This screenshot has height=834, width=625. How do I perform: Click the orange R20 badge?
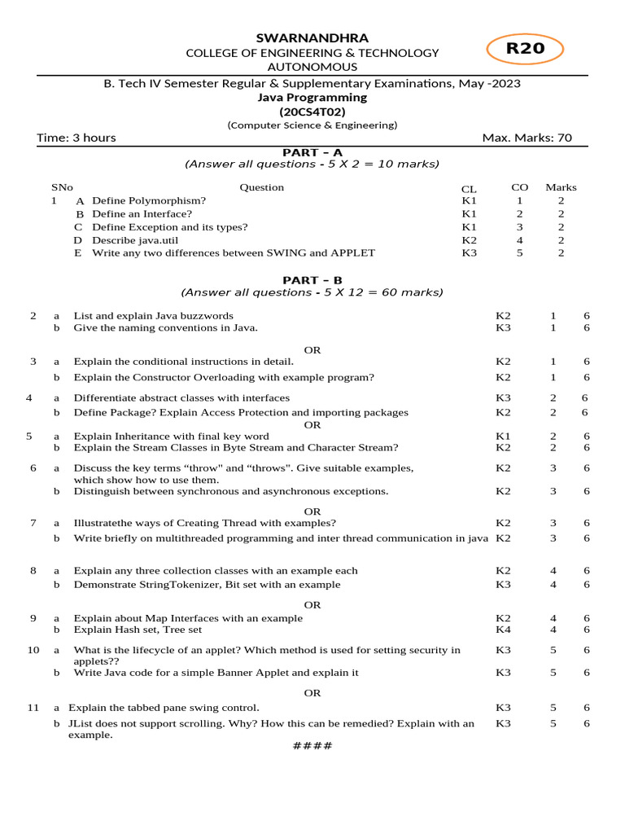[524, 49]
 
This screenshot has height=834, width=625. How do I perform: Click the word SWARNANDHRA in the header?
[312, 38]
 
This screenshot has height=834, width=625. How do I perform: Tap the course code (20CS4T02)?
[312, 112]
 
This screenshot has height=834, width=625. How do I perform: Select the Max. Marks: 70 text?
[527, 138]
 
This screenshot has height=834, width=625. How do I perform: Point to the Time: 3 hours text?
[76, 138]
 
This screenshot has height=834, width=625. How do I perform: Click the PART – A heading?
[312, 152]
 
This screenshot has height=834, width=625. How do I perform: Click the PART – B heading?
[312, 280]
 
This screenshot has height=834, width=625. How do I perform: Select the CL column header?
[469, 188]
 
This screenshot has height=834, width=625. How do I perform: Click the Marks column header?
[561, 187]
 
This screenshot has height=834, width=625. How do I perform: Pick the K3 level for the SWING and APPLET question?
[470, 253]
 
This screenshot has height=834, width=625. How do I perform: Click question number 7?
[33, 522]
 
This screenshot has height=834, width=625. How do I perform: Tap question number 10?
[33, 650]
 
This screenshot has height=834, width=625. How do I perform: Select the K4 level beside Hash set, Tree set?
[503, 630]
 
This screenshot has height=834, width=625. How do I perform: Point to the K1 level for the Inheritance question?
[503, 437]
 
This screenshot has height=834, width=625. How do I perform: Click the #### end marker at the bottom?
[312, 746]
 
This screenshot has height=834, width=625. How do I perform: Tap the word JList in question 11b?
[81, 723]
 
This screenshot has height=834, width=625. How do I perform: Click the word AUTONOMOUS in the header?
[312, 68]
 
